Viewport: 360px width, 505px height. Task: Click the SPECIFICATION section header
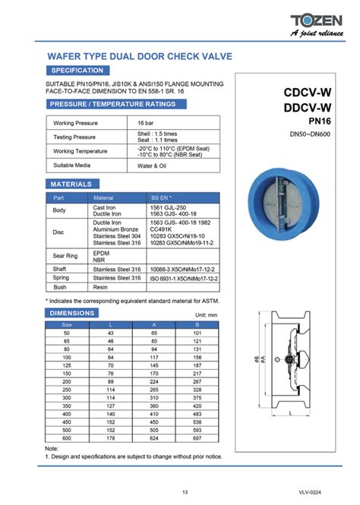pos(77,70)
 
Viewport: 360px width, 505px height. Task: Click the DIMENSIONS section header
pos(72,312)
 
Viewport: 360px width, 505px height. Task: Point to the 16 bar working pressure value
pos(146,122)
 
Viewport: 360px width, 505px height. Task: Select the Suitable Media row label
pos(72,165)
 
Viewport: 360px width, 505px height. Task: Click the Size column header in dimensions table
pos(66,324)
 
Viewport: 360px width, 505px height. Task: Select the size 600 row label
pos(66,438)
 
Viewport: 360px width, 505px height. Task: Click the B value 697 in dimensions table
pos(197,438)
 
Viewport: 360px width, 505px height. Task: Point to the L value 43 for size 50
pos(110,333)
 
